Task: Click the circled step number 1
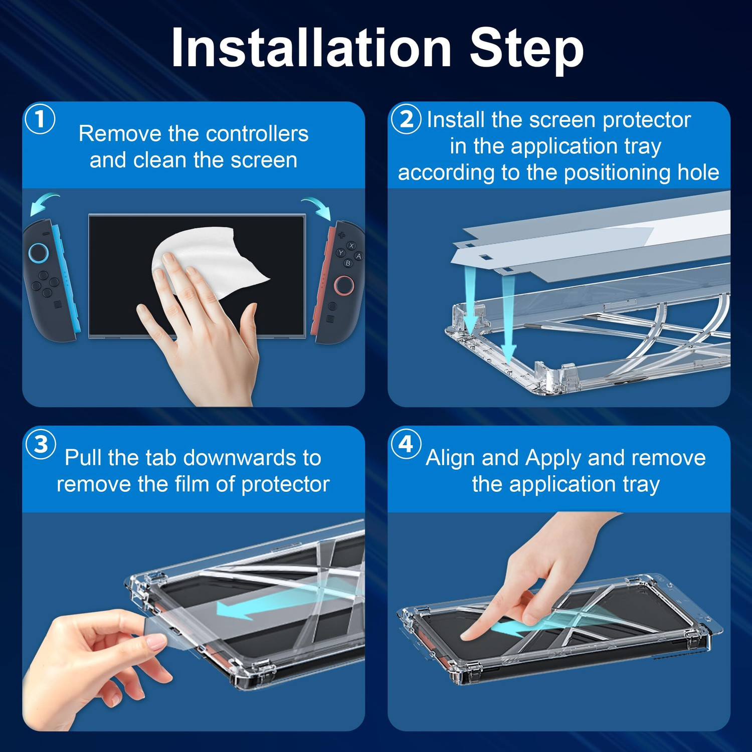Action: (40, 119)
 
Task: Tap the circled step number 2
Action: (406, 119)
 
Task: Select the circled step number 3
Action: (41, 444)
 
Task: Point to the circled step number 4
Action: (406, 444)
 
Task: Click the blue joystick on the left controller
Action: (39, 253)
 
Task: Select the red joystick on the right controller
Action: (344, 285)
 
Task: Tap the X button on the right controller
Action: (351, 246)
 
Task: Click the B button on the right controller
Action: (348, 263)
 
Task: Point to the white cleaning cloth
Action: (211, 261)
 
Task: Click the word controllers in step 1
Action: (257, 134)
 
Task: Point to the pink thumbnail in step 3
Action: (157, 642)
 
